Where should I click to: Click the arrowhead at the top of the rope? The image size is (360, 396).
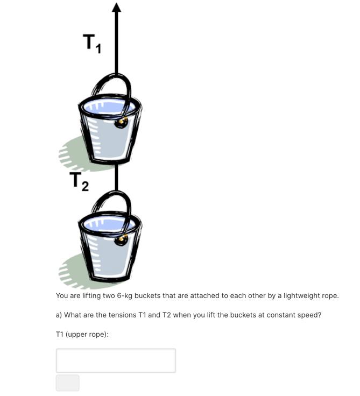pos(116,7)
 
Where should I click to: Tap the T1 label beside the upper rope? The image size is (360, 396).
pos(91,43)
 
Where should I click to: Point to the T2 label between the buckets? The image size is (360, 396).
pos(79,182)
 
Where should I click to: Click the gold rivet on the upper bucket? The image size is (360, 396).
pos(123,122)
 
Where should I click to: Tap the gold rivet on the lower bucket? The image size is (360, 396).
pos(123,238)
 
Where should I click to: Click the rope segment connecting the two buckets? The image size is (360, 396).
pos(116,178)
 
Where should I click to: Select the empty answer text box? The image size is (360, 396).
pos(116,360)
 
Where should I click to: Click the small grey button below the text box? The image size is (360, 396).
pos(67,383)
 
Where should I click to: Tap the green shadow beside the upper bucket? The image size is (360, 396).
pos(75,153)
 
